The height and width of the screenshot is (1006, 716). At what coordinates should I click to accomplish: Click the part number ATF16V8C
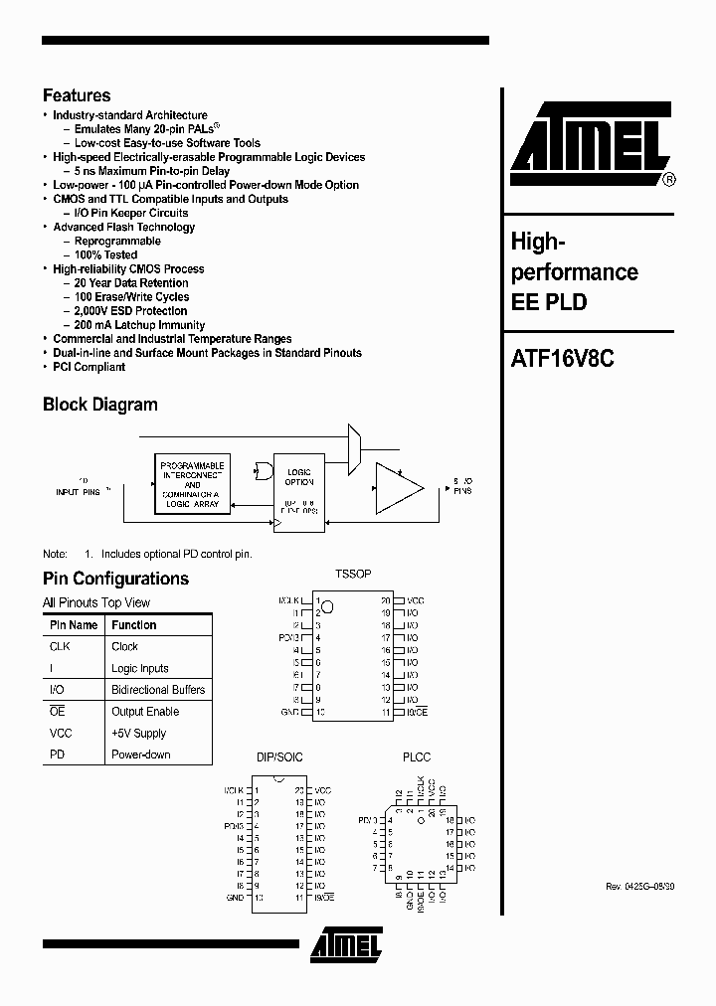click(562, 361)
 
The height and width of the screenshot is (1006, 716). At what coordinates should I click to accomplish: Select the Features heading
click(77, 95)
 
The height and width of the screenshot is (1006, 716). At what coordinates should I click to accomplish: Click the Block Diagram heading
click(99, 405)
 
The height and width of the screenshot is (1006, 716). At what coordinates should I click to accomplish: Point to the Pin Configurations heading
click(115, 579)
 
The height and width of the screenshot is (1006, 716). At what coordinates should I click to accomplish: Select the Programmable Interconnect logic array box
click(192, 485)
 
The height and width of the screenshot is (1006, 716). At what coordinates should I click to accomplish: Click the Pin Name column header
click(74, 625)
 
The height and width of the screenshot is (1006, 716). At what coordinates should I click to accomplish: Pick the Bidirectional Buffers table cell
click(158, 690)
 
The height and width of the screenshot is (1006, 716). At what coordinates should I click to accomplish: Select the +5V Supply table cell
click(138, 733)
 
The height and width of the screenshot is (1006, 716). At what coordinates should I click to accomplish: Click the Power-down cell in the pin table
click(140, 754)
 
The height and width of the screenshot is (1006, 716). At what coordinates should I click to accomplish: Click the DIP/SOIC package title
click(279, 757)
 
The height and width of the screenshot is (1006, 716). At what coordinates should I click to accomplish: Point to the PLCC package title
click(417, 757)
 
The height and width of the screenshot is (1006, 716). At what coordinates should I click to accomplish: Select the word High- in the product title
click(538, 241)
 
